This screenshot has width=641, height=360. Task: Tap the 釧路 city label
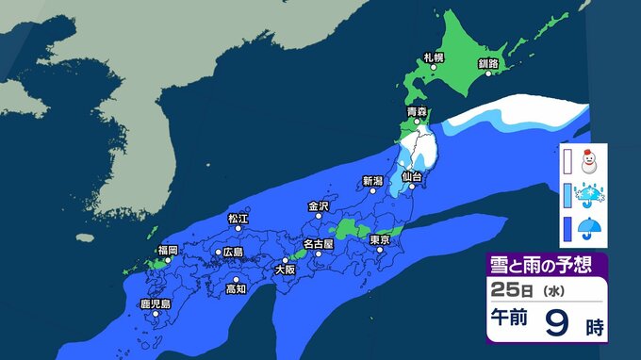487,62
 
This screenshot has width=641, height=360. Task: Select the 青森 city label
417,112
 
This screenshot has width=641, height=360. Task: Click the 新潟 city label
372,180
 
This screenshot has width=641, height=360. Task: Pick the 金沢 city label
318,205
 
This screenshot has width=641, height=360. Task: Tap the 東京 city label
380,239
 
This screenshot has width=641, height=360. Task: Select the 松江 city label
238,219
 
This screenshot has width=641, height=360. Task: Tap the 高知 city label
236,288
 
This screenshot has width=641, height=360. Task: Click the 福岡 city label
168,250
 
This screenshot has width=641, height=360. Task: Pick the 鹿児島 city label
155,303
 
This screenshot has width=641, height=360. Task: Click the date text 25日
514,290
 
